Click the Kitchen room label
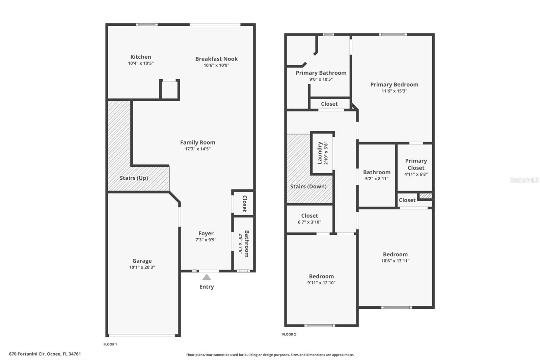pos(141,57)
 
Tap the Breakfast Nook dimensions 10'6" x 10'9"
pos(216,65)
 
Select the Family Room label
pos(197,143)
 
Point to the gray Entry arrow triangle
pos(207,277)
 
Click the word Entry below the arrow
pos(207,287)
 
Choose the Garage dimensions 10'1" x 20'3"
pos(142,267)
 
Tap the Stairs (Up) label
pos(134,178)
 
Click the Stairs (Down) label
pos(308,186)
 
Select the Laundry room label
pos(320,153)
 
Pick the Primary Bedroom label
pos(394,84)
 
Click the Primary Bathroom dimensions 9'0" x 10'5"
pos(321,79)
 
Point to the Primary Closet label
pos(416,164)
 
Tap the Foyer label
pos(206,233)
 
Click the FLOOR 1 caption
pos(110,344)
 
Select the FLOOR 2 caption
pos(289,334)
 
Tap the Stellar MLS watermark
pos(524,180)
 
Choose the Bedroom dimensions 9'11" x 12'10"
pos(321,283)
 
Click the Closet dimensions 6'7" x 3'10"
pos(309,222)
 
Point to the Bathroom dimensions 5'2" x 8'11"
pos(377,179)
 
